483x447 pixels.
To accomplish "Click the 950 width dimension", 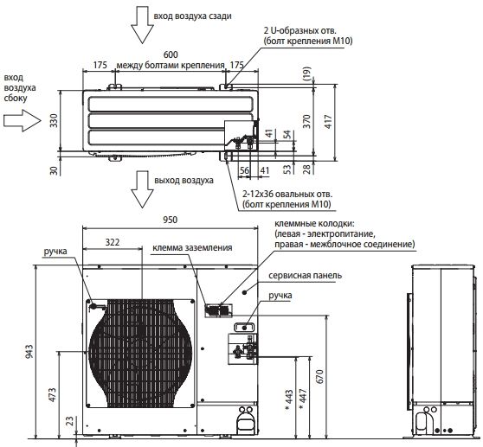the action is tap(171, 220).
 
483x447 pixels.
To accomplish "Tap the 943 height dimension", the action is tap(29, 351).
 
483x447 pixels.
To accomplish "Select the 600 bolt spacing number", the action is tap(171, 54).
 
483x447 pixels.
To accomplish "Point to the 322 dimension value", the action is tap(113, 242).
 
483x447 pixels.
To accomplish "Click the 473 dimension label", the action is tap(53, 395).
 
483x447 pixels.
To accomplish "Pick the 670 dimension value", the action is tap(320, 376).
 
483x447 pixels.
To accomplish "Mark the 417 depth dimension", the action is tap(329, 122).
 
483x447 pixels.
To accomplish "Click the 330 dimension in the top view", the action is tap(54, 120).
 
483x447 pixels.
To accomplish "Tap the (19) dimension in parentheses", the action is tap(307, 73).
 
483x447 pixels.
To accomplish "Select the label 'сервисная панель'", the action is tap(305, 275).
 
